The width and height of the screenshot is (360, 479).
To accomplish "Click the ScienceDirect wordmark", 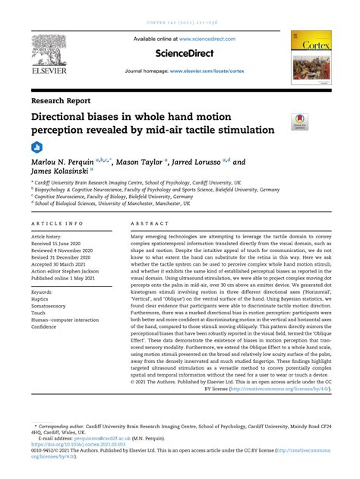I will click(x=179, y=54).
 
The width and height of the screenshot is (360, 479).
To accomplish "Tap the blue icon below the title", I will click(x=36, y=147).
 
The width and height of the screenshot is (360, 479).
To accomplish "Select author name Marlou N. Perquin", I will click(x=68, y=162).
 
